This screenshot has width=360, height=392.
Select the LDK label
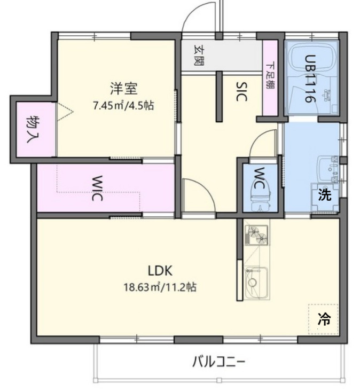pos(159,270)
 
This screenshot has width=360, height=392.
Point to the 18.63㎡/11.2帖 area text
pos(159,287)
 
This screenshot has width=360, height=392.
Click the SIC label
pos(241,91)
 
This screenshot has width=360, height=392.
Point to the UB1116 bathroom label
pos(309,79)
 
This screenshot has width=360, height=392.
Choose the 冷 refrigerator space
pos(324,320)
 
